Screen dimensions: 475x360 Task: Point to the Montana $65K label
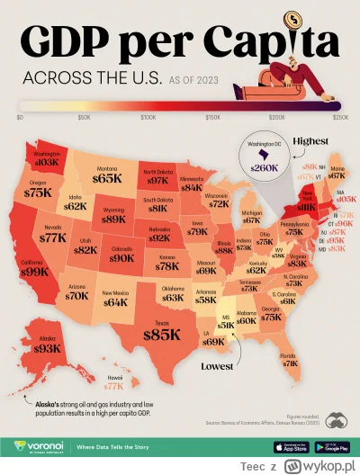pos(106,179)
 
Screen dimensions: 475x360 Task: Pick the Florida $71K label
pos(290,364)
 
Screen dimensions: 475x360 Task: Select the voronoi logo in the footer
pos(44,444)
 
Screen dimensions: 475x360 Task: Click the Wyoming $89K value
pos(114,219)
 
